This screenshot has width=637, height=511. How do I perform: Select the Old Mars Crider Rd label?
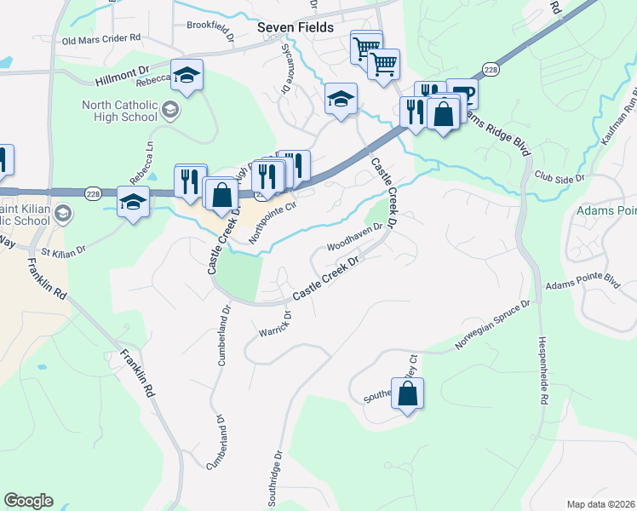pyautogui.click(x=100, y=40)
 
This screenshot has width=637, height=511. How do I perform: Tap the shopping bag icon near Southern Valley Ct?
pyautogui.click(x=408, y=393)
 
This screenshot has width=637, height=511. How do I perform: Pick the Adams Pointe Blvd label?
pyautogui.click(x=583, y=282)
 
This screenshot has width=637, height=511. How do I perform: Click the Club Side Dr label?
pyautogui.click(x=560, y=180)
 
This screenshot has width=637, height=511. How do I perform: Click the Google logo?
pyautogui.click(x=28, y=501)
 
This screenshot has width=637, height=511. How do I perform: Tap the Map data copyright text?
pyautogui.click(x=600, y=504)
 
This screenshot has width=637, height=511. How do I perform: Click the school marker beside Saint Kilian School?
pyautogui.click(x=133, y=202)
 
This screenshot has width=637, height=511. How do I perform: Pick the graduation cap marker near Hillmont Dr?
pyautogui.click(x=185, y=75)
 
